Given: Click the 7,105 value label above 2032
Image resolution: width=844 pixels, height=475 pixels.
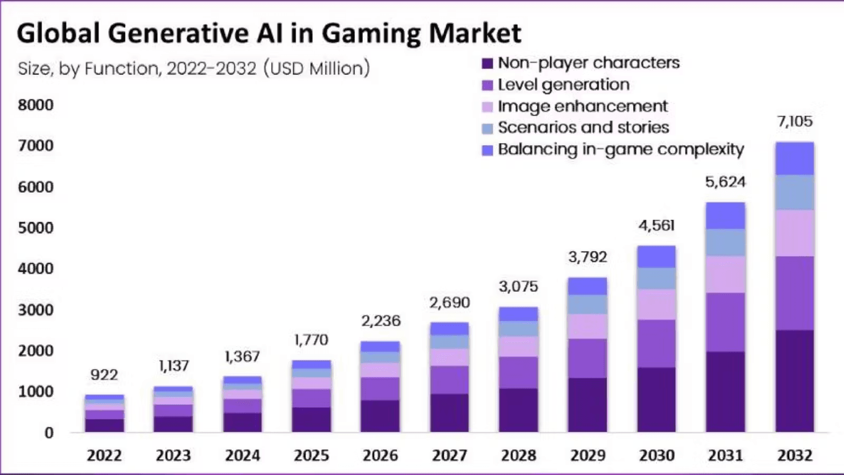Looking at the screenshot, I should (794, 121).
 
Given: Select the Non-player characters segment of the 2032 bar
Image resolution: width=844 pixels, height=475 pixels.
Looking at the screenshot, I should (794, 381).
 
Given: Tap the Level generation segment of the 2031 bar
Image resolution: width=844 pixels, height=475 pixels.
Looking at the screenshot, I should (725, 322).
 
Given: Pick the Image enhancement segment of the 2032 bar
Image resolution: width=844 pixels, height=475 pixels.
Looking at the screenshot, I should (794, 233).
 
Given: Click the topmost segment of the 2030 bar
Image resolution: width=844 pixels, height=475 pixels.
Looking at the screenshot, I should (656, 256).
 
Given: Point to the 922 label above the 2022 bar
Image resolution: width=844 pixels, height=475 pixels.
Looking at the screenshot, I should (104, 375).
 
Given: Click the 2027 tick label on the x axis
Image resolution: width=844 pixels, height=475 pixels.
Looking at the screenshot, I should (449, 455).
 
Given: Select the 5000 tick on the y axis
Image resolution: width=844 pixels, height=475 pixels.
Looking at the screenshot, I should (35, 227).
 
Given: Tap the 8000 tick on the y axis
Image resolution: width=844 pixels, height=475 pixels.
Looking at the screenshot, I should (35, 105).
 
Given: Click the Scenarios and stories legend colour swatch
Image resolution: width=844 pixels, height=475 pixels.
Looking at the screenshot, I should (487, 128).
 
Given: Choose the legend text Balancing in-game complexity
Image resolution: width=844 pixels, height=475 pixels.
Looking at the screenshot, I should (620, 149).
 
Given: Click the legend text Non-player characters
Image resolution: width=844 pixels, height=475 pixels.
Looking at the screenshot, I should (589, 63).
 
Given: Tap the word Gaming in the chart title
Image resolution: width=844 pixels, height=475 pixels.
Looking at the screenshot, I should (372, 33).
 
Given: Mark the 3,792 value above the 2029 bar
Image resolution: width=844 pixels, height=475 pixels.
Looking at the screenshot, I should (587, 257).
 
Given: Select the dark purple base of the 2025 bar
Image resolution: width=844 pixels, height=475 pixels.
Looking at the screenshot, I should (311, 420).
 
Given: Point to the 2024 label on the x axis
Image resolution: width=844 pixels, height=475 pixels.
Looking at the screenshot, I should (242, 455).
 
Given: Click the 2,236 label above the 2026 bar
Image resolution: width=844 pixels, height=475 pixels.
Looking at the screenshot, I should (380, 321).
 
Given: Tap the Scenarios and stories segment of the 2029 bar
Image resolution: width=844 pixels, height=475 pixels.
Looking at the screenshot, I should (587, 305).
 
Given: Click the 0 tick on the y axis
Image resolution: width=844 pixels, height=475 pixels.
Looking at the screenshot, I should (49, 433).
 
